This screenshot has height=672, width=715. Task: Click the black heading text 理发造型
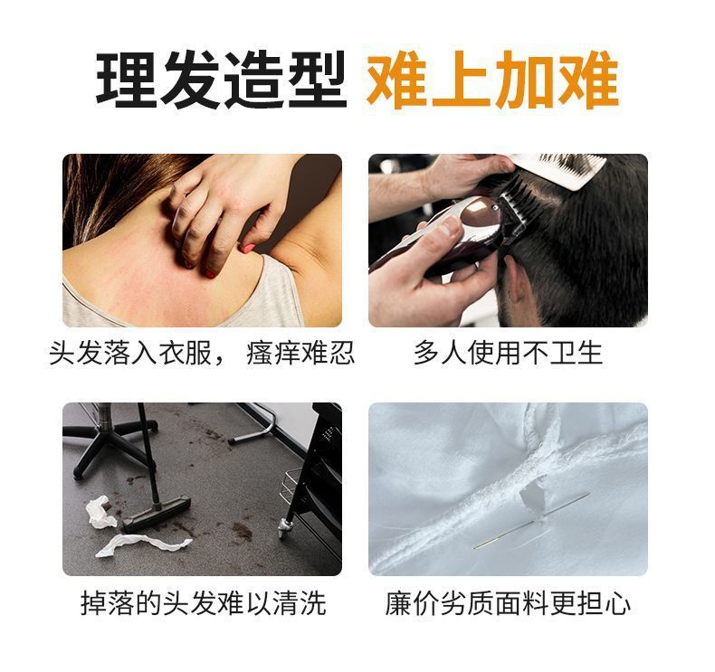(x=221, y=81)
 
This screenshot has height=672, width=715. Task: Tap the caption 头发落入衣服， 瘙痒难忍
(x=201, y=352)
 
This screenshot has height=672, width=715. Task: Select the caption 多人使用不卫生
(x=507, y=352)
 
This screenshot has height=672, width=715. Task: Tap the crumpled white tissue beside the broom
(x=100, y=512)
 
